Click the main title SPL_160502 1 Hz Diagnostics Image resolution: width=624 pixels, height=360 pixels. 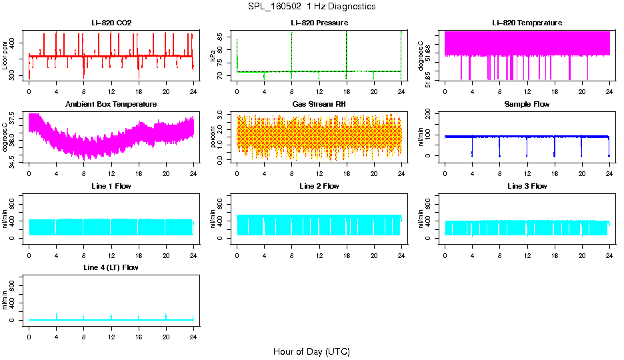pyautogui.click(x=311, y=6)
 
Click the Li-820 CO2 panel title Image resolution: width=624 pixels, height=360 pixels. pyautogui.click(x=111, y=23)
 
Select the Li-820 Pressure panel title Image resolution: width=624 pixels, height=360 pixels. pyautogui.click(x=319, y=23)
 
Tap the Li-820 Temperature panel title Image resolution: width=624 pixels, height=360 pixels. pyautogui.click(x=527, y=23)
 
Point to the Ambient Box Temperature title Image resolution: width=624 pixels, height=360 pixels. pyautogui.click(x=111, y=104)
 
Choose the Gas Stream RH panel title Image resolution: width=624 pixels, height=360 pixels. pyautogui.click(x=319, y=104)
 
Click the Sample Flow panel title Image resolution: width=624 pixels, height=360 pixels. pyautogui.click(x=527, y=104)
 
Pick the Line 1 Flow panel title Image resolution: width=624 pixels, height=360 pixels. pyautogui.click(x=111, y=186)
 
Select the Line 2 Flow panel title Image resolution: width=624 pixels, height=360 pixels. pyautogui.click(x=319, y=186)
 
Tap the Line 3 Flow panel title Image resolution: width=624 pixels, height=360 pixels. pyautogui.click(x=527, y=186)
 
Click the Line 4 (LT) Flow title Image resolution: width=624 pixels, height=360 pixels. pyautogui.click(x=111, y=267)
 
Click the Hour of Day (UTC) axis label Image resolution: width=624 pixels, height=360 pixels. pyautogui.click(x=311, y=351)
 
